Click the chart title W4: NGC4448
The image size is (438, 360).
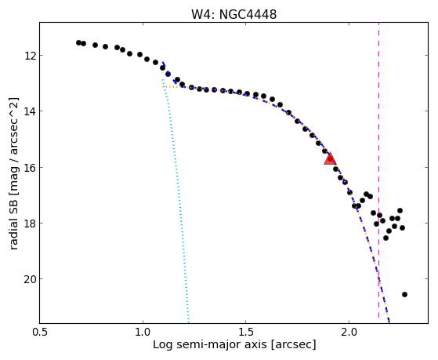[233, 15]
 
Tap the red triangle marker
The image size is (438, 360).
[330, 158]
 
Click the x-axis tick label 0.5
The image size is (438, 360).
[40, 332]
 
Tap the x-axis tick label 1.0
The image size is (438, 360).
[143, 332]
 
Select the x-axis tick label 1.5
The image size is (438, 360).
[245, 332]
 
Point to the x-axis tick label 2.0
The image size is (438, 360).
[349, 332]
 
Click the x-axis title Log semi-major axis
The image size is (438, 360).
[210, 345]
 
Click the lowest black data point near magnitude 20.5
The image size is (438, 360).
[404, 295]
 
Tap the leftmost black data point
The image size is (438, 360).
[78, 43]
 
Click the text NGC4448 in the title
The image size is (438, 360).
[248, 15]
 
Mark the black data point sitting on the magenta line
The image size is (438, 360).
[379, 216]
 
